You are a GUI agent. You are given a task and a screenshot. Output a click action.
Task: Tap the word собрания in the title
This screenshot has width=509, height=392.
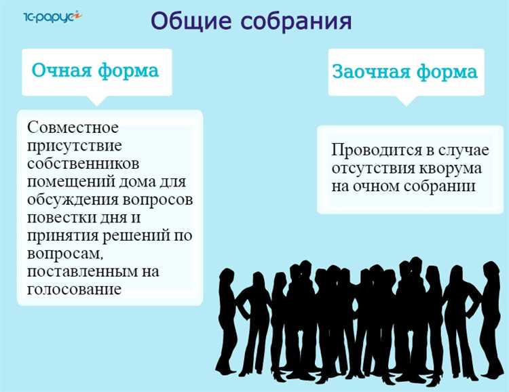point(296,20)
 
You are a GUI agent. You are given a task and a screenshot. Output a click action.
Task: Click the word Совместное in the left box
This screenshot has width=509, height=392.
point(73,128)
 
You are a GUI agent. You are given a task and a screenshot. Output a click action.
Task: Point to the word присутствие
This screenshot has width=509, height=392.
point(75,146)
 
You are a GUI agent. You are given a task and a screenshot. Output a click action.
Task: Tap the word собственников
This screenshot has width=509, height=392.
point(83,164)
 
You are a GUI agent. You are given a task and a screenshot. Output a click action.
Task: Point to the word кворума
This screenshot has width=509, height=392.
point(454,168)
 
